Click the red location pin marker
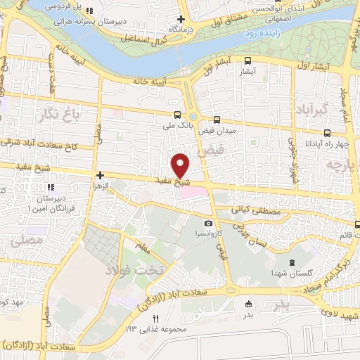pyautogui.click(x=181, y=166)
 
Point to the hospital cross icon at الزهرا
pyautogui.click(x=101, y=175)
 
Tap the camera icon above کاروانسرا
pyautogui.click(x=208, y=223)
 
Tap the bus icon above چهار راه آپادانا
pyautogui.click(x=327, y=133)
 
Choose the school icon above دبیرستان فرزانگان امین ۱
pyautogui.click(x=50, y=188)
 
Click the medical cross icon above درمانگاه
pyautogui.click(x=181, y=19)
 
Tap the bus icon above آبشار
pyautogui.click(x=248, y=61)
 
